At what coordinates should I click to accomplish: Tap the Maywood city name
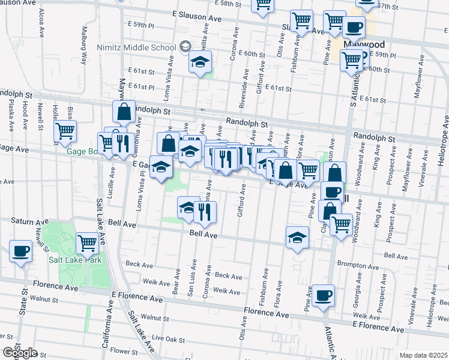(x=363, y=45)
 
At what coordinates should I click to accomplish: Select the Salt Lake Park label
(x=74, y=259)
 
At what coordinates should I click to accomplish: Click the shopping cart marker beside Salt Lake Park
(x=88, y=243)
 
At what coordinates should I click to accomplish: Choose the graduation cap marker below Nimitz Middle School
(x=200, y=62)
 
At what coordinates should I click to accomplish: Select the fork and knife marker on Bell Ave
(x=205, y=212)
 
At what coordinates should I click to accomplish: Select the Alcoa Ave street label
(x=41, y=18)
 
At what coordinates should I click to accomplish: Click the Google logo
(x=19, y=352)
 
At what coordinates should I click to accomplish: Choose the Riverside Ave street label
(x=243, y=92)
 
